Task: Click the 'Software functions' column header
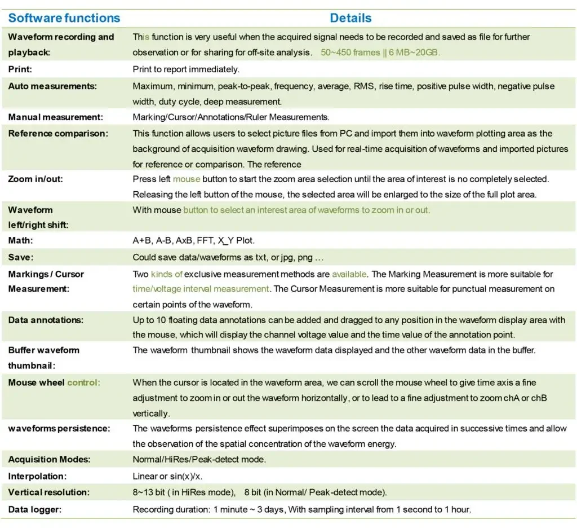point(64,17)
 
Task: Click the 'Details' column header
point(350,17)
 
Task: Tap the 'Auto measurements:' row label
point(52,86)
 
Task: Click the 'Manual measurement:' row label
point(55,117)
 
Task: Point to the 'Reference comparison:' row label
point(58,134)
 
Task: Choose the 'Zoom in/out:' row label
point(35,179)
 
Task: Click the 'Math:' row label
point(20,240)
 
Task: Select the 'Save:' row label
point(20,257)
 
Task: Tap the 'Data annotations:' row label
point(46,320)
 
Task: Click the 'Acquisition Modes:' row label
point(50,459)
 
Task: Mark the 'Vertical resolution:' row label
point(48,492)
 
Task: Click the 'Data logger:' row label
point(34,509)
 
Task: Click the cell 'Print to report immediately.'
point(186,69)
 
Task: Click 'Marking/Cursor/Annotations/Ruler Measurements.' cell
point(230,117)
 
